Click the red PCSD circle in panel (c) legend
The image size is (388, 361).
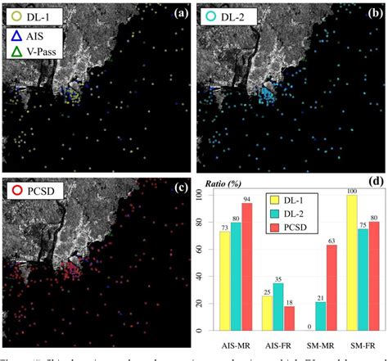point(16,192)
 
